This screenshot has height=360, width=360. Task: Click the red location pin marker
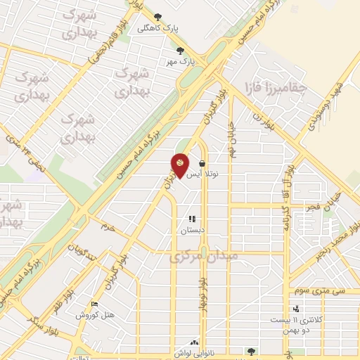pyautogui.click(x=180, y=166)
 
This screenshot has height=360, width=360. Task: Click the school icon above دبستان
pyautogui.click(x=192, y=219)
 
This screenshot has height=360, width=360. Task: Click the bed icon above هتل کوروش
pyautogui.click(x=95, y=304)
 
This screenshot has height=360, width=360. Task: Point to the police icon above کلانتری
pyautogui.click(x=295, y=308)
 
